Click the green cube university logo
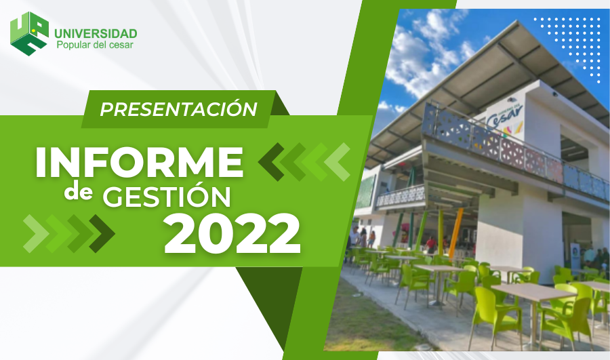click(x=30, y=33)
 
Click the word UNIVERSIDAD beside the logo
click(x=96, y=33)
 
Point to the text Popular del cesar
click(x=95, y=45)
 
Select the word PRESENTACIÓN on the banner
click(x=178, y=109)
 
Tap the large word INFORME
click(x=139, y=163)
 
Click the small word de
click(x=79, y=193)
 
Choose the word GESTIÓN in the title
click(x=167, y=196)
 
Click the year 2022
click(x=232, y=233)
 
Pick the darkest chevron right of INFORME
click(x=272, y=162)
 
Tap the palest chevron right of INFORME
click(x=337, y=162)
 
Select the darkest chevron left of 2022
click(x=102, y=233)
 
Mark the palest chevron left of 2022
click(x=36, y=233)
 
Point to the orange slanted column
click(x=455, y=233)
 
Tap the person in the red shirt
click(x=430, y=245)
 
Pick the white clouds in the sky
click(x=424, y=54)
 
